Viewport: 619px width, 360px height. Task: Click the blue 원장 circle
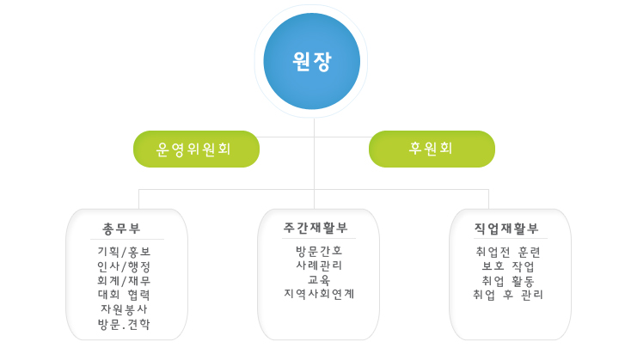pos(312,61)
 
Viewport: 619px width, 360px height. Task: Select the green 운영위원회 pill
pos(196,149)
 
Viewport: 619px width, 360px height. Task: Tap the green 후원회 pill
pos(432,149)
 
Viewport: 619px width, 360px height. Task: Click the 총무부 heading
pos(121,229)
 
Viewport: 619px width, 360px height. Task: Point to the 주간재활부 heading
pos(316,228)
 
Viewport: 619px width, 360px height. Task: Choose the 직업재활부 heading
pos(506,229)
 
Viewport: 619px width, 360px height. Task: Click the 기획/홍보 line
pos(124,252)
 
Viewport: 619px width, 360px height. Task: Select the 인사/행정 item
pos(124,266)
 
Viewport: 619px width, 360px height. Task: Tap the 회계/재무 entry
pos(124,281)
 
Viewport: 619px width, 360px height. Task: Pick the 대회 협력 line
pos(124,295)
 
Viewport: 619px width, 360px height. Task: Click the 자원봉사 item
pos(124,309)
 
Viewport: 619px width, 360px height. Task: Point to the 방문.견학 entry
pos(124,324)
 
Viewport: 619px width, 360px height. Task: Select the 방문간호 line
pos(319,251)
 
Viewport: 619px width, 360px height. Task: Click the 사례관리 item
pos(319,265)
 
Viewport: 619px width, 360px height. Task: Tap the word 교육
pos(319,280)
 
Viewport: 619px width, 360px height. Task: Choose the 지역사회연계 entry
pos(319,294)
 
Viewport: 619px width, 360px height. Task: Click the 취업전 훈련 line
pos(508,252)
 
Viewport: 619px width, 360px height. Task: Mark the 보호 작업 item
pos(508,266)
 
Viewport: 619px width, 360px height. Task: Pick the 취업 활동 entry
pos(508,281)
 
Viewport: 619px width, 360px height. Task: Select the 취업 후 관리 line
pos(508,295)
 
